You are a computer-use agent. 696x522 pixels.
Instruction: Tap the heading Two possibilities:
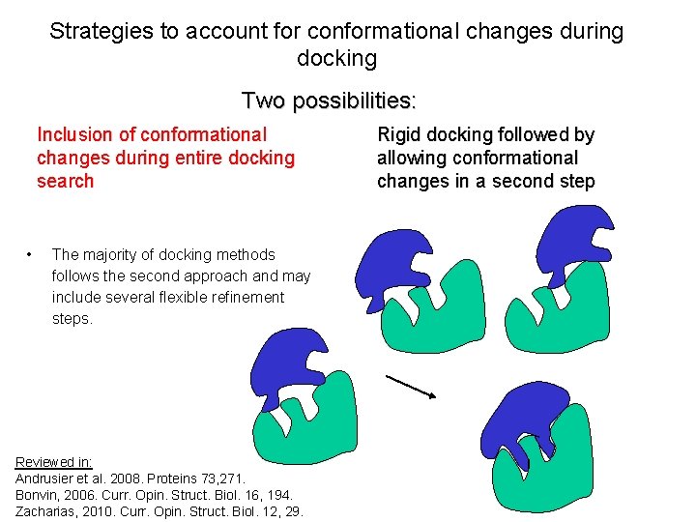coord(329,101)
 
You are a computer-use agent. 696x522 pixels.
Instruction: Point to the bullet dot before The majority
coord(31,255)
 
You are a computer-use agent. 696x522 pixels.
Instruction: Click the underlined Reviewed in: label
coord(54,463)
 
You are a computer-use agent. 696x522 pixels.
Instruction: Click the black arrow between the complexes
coord(410,386)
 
